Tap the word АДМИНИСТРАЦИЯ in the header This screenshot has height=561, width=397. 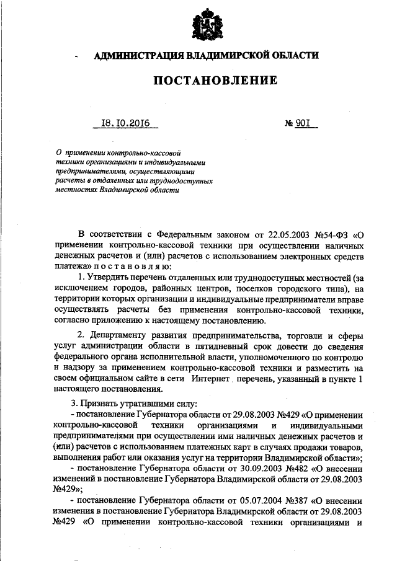click(x=135, y=56)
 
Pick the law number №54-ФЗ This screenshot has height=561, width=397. click(x=332, y=236)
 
